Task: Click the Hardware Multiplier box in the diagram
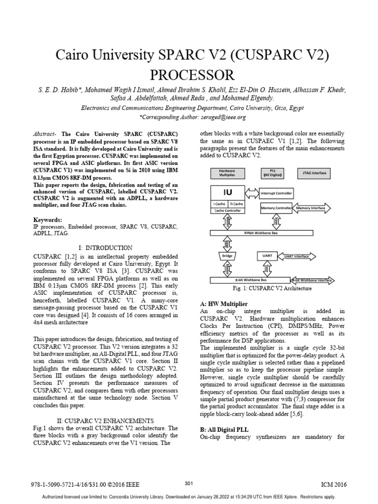point(223,173)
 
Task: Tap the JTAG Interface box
point(314,173)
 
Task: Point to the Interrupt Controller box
point(276,193)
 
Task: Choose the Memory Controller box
point(276,208)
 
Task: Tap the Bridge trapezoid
point(227,256)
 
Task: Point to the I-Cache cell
point(219,203)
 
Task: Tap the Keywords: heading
point(48,219)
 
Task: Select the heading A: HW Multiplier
point(223,304)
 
